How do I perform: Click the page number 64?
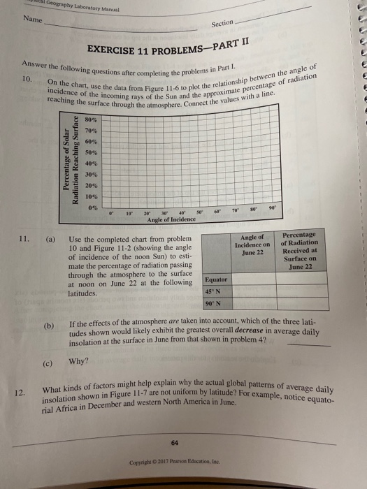click(x=183, y=441)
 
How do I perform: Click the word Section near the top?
click(x=222, y=24)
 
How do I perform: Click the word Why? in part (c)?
click(x=78, y=362)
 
